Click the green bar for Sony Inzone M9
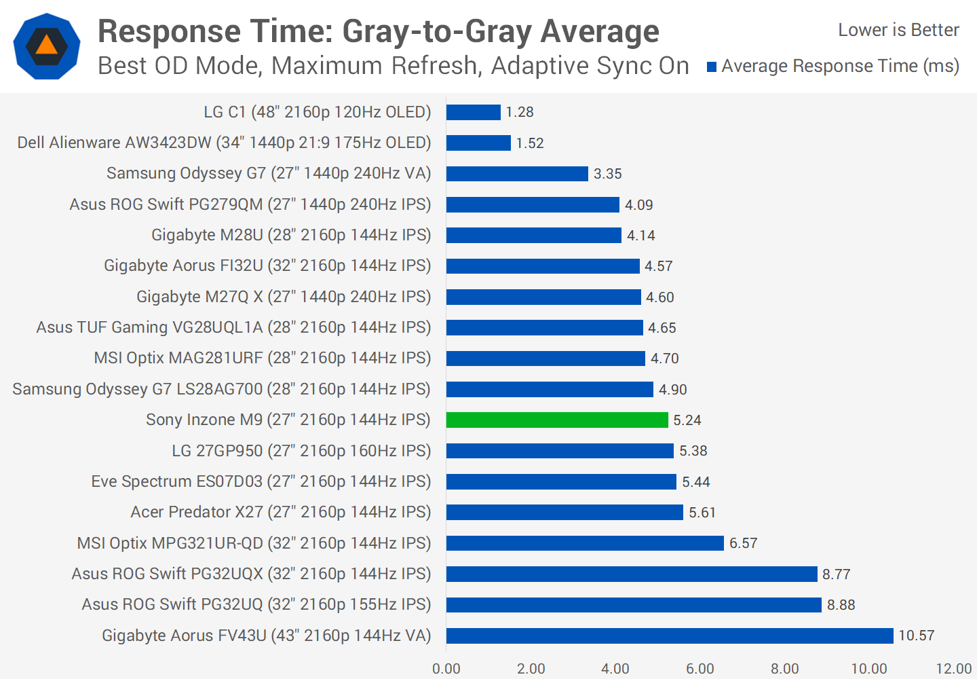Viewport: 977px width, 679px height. pyautogui.click(x=557, y=420)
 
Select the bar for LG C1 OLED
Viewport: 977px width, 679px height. pyautogui.click(x=474, y=112)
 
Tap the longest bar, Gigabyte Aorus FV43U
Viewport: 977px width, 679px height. pyautogui.click(x=670, y=636)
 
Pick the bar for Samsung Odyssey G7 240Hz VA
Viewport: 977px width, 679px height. pyautogui.click(x=517, y=174)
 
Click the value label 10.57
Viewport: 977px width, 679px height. pyautogui.click(x=917, y=636)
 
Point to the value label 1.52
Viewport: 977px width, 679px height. pyautogui.click(x=530, y=143)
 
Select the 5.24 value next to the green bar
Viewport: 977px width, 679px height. pyautogui.click(x=687, y=420)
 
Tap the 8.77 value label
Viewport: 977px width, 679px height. pyautogui.click(x=837, y=574)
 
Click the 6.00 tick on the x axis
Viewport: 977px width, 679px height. pyautogui.click(x=700, y=669)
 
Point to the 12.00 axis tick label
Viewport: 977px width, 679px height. pyautogui.click(x=953, y=669)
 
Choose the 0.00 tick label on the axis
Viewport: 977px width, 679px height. pyautogui.click(x=446, y=669)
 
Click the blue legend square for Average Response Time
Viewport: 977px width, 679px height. pyautogui.click(x=712, y=67)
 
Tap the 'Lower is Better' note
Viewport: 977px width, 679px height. pyautogui.click(x=898, y=30)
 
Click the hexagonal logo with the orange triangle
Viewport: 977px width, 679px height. pyautogui.click(x=47, y=46)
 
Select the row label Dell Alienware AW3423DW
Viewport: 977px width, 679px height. pyautogui.click(x=224, y=143)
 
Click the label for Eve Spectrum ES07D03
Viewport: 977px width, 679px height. pyautogui.click(x=261, y=481)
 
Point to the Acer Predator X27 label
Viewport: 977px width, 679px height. pyautogui.click(x=281, y=512)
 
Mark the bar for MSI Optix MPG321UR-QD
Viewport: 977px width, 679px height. pyautogui.click(x=585, y=543)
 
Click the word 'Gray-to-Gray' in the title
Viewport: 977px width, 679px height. pyautogui.click(x=434, y=31)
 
